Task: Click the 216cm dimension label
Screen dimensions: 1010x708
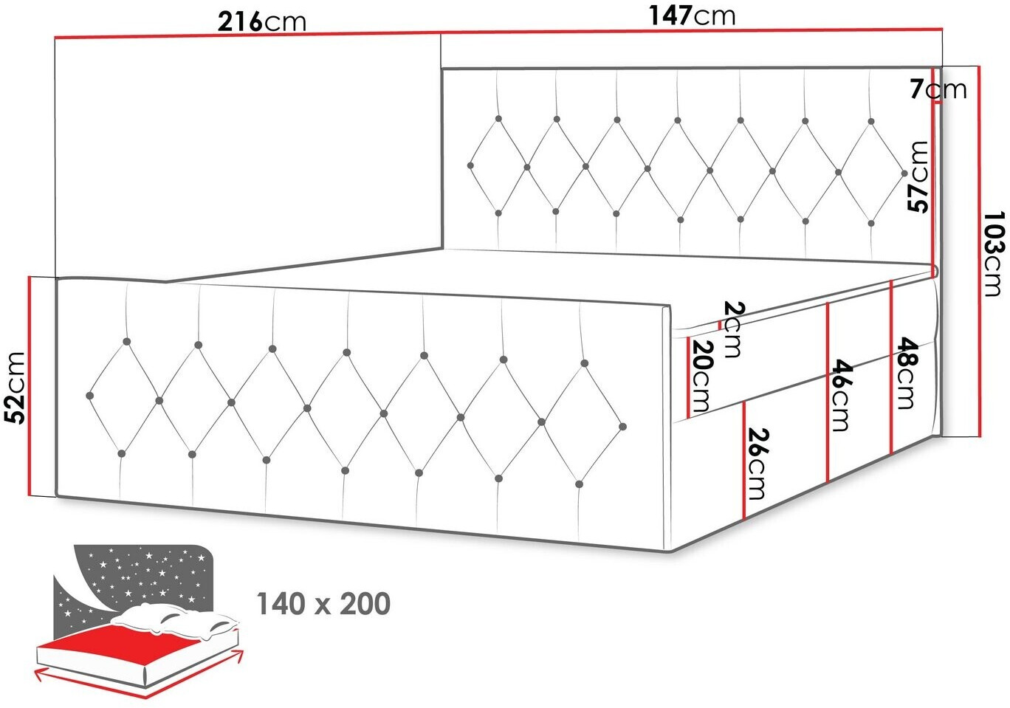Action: (261, 21)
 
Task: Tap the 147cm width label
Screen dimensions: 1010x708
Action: (692, 16)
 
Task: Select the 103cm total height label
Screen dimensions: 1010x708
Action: (995, 254)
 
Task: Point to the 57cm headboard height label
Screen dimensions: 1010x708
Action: (918, 176)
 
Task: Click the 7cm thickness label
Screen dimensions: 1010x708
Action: (938, 89)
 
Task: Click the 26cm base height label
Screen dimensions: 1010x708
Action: (757, 464)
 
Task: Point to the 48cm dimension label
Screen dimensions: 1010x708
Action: (907, 374)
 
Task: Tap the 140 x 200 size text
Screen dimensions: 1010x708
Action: (323, 604)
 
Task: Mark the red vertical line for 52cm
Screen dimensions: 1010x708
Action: (30, 386)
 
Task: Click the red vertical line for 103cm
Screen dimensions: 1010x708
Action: (979, 251)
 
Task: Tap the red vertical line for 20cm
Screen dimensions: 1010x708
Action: (688, 377)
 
